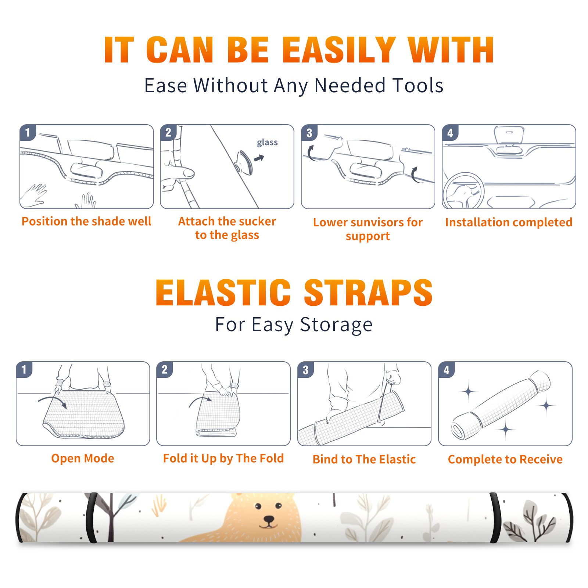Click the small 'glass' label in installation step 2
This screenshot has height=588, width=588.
point(267,143)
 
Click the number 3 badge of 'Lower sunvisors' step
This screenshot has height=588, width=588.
point(309,133)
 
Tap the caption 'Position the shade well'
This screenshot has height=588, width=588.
point(86,221)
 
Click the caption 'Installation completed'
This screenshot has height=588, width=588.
point(509,222)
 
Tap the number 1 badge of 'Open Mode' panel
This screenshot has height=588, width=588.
point(24,370)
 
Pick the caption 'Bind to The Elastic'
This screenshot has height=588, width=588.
point(364,459)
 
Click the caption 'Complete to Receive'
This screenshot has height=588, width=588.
point(505,459)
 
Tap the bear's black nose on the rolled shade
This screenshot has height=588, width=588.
point(269,520)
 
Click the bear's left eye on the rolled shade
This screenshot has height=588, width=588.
point(258,507)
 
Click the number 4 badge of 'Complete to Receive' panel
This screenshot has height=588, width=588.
point(447,370)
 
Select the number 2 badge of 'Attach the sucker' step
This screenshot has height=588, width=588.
point(168,133)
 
